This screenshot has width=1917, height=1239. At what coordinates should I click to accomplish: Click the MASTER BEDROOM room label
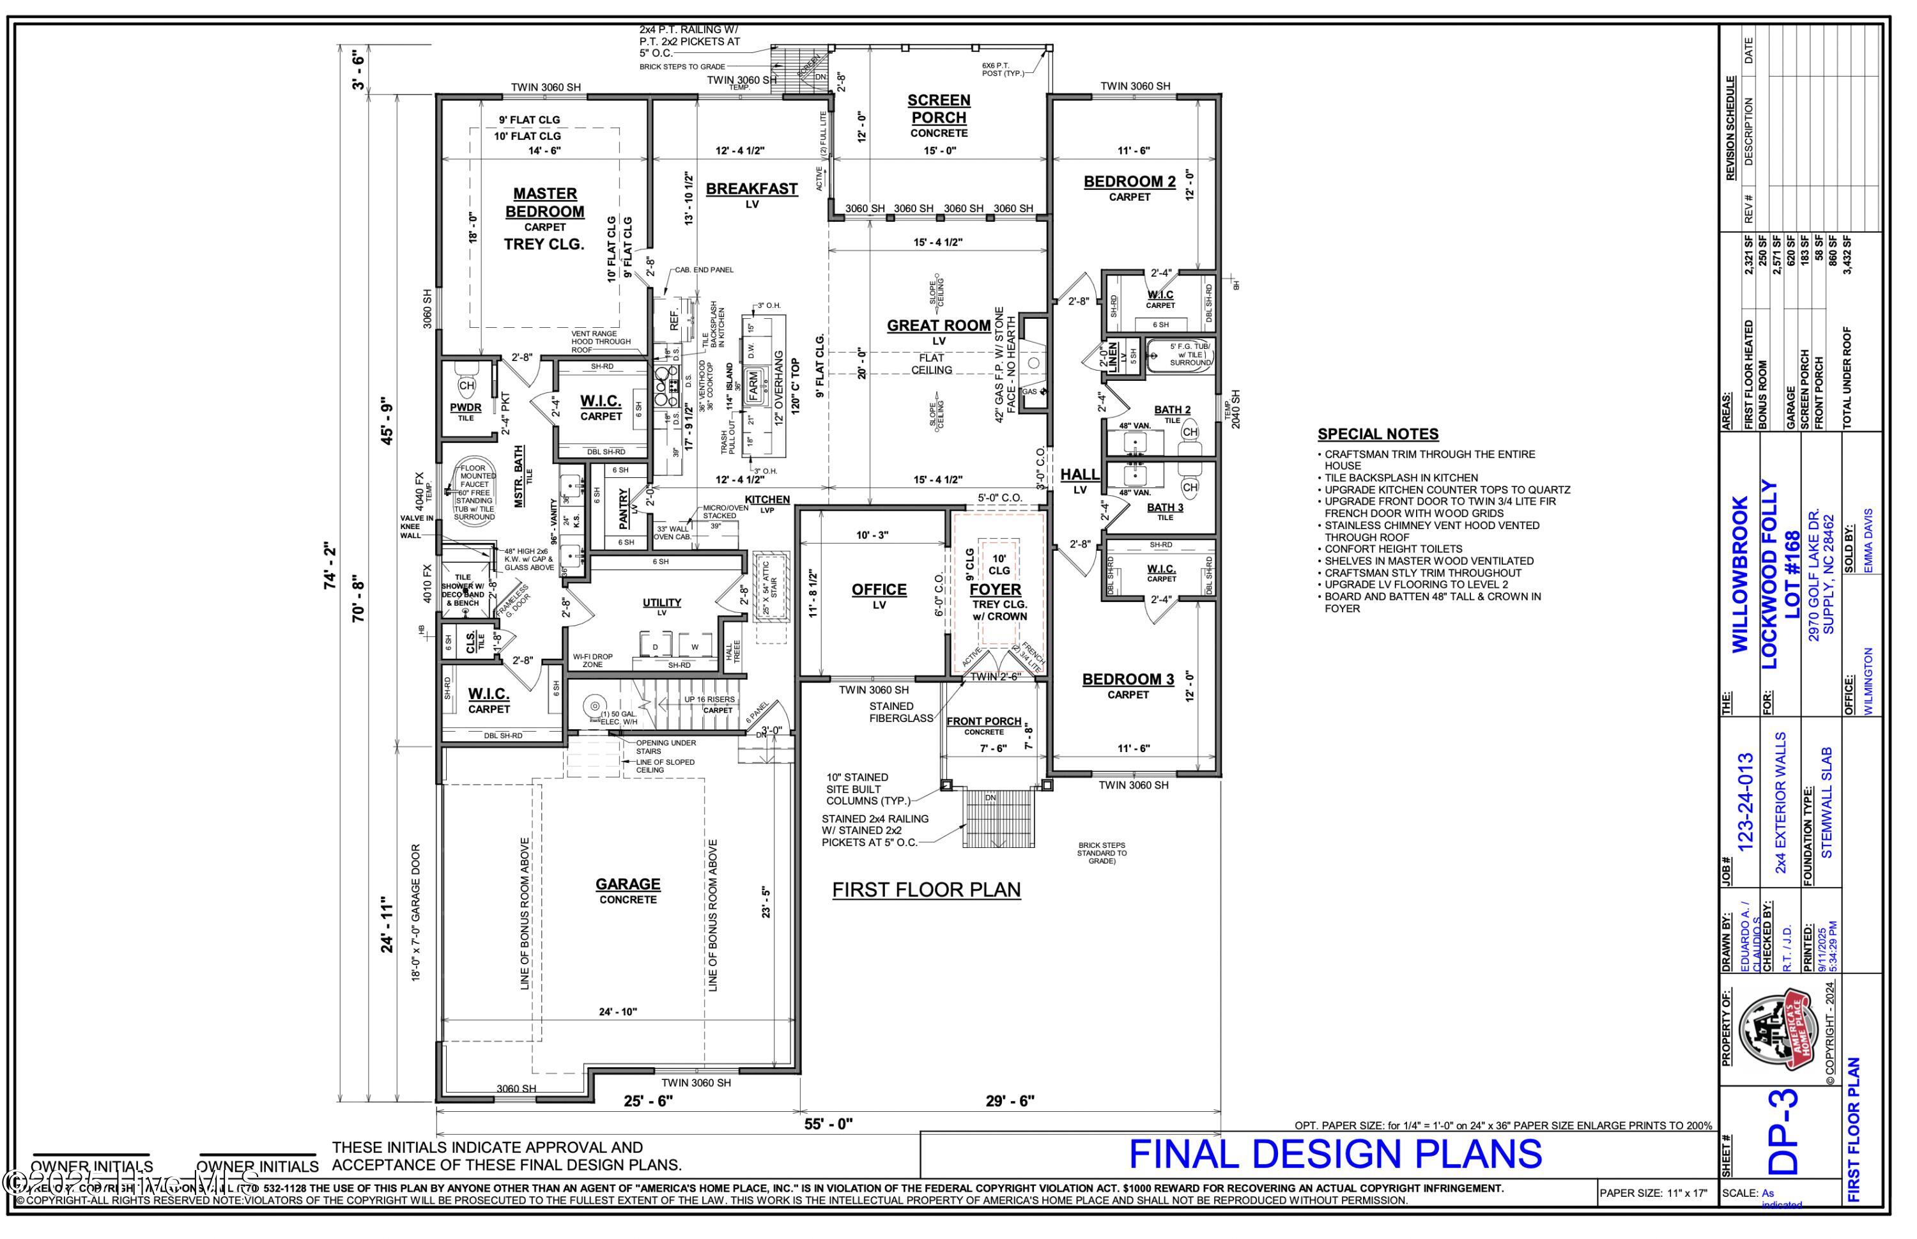pyautogui.click(x=544, y=203)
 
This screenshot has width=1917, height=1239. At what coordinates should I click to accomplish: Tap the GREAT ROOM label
pyautogui.click(x=938, y=326)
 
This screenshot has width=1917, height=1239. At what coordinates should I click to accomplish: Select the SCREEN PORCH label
pyautogui.click(x=938, y=109)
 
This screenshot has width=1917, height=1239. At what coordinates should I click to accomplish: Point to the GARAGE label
pyautogui.click(x=627, y=884)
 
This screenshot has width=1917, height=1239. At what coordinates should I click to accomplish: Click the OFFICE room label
pyautogui.click(x=879, y=590)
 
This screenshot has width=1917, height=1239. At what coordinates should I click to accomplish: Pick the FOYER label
pyautogui.click(x=995, y=590)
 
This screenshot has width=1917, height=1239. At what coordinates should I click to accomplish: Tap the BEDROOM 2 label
pyautogui.click(x=1130, y=182)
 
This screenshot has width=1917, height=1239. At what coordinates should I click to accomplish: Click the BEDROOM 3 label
pyautogui.click(x=1128, y=680)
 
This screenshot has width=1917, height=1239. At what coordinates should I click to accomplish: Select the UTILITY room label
pyautogui.click(x=662, y=603)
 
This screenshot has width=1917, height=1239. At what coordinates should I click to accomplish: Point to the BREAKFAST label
pyautogui.click(x=751, y=189)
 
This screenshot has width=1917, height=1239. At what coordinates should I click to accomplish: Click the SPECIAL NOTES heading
pyautogui.click(x=1377, y=435)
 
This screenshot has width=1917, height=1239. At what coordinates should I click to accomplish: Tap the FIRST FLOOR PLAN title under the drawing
pyautogui.click(x=926, y=890)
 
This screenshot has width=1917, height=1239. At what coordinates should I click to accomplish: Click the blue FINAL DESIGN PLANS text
pyautogui.click(x=1336, y=1155)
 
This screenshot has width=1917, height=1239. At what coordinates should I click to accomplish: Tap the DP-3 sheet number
pyautogui.click(x=1782, y=1132)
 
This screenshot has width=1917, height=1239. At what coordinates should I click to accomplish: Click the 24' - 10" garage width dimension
pyautogui.click(x=617, y=1012)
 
